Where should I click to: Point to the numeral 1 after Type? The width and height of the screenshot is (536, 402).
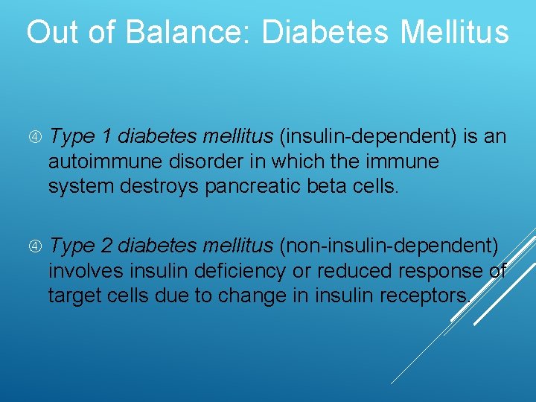106,137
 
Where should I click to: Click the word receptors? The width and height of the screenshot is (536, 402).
424,296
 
